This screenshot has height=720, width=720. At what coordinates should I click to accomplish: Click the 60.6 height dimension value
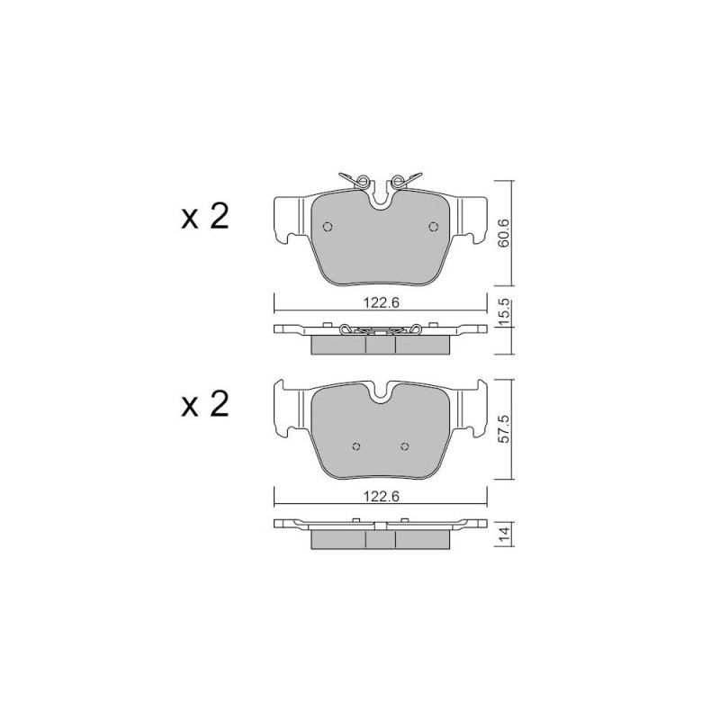(x=504, y=233)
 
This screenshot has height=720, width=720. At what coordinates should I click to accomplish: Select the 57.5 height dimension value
(x=504, y=429)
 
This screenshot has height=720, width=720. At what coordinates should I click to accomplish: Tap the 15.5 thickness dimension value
(x=504, y=312)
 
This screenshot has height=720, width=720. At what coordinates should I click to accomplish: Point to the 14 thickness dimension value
(x=504, y=534)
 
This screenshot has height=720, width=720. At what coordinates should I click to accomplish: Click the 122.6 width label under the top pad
(x=382, y=302)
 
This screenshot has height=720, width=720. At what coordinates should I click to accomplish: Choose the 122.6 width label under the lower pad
(x=382, y=497)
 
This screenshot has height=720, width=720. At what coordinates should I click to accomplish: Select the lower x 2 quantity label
(x=205, y=404)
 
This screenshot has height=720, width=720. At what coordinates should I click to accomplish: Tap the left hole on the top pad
(x=328, y=227)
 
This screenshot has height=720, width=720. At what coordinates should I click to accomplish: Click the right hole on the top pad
(x=433, y=227)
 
